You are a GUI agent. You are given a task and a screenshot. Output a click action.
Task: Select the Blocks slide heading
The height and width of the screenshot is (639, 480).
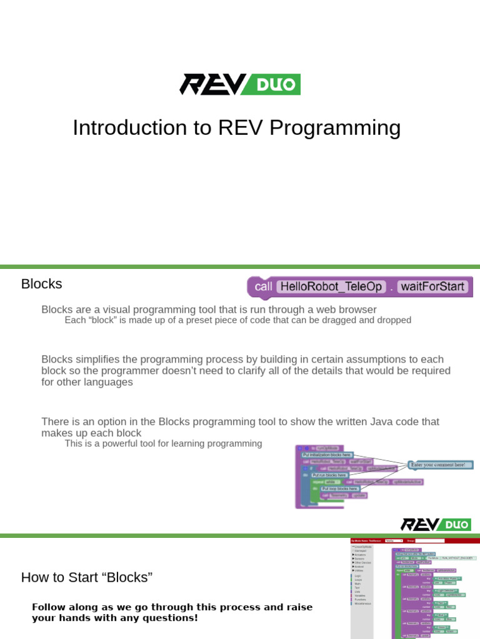coord(41,284)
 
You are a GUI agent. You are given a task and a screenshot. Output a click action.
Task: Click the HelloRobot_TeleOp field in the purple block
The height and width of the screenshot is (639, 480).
coord(330,286)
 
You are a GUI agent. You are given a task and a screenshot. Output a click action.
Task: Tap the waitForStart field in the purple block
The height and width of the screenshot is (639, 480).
coord(432,286)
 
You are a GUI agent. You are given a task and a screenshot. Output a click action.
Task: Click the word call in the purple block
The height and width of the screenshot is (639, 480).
coord(263,286)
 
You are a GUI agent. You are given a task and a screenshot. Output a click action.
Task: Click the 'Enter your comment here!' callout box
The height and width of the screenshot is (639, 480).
coord(440,465)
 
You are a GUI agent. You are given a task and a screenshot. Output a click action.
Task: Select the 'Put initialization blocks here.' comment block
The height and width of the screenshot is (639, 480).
coord(327,456)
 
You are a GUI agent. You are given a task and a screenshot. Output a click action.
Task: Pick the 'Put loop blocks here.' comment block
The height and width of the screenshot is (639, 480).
coord(340,489)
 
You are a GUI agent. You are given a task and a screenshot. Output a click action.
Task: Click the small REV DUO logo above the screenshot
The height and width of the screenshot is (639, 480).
coord(436,524)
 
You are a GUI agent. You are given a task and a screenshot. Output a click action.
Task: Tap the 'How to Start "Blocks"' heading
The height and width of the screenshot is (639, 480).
coord(87,577)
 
